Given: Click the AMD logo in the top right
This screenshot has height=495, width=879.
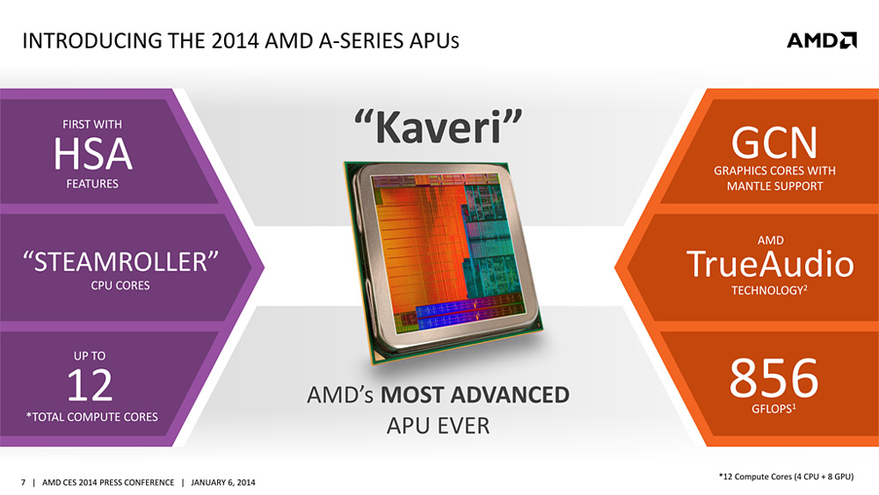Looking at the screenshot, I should tap(821, 40).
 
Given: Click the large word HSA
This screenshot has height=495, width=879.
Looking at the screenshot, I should tap(92, 155).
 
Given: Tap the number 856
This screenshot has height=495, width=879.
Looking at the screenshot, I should tap(774, 379).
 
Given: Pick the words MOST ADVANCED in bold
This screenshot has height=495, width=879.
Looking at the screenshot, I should tap(475, 395).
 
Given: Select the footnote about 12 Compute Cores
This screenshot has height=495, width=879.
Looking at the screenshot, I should tap(786, 476).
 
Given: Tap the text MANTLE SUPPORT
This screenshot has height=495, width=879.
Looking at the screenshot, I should tap(774, 186).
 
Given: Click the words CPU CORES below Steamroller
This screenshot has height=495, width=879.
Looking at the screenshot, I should tap(120, 286).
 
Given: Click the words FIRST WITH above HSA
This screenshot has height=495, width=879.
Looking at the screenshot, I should tap(92, 125).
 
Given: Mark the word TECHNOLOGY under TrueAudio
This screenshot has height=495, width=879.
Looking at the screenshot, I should tap(766, 290).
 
